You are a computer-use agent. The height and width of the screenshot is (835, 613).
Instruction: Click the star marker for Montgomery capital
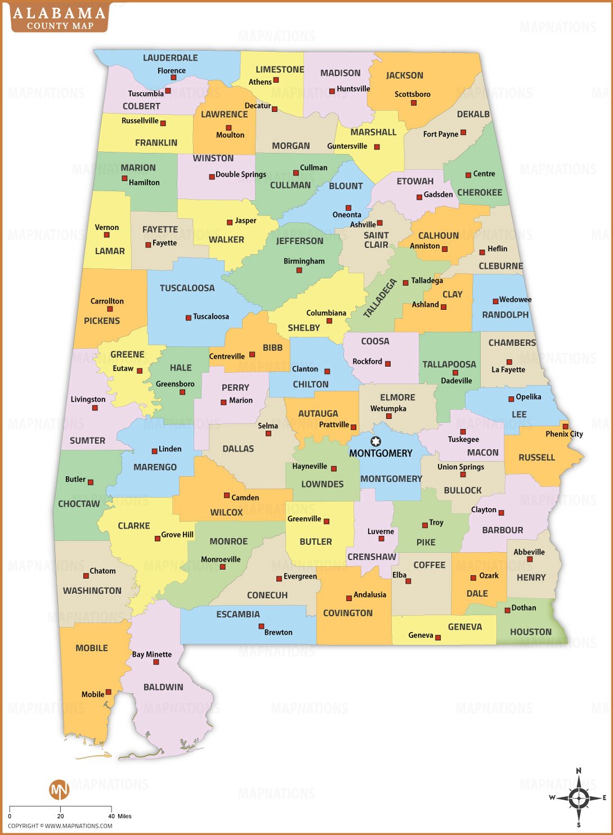pos(376,442)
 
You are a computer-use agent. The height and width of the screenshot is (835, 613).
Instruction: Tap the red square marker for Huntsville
pos(332,91)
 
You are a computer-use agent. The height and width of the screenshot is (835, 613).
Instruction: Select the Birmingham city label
pos(304,261)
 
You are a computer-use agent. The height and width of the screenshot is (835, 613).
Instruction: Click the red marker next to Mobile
pos(109,692)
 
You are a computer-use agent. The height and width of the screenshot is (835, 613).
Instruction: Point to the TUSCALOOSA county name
pos(187,288)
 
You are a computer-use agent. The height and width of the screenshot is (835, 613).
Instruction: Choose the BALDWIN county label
pos(163,687)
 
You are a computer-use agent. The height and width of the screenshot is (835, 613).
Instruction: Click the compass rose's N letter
pos(579,771)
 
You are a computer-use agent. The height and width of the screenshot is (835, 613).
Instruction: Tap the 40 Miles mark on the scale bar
pos(111,816)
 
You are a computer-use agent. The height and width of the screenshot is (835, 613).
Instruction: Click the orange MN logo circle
pos(59,789)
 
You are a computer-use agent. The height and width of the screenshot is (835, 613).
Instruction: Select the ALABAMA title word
pos(59,13)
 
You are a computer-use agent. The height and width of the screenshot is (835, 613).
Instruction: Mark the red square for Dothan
pos(507,610)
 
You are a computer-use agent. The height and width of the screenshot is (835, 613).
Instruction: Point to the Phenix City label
pos(564,434)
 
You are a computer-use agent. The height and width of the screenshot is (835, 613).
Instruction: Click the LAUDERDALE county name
pos(170,58)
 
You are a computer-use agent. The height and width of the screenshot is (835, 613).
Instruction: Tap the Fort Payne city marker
pos(463,133)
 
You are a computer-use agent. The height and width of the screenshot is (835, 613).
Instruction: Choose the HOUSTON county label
pos(531,632)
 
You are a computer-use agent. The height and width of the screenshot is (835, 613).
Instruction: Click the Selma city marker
pos(268,434)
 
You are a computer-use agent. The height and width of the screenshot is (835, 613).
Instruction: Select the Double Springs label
pos(241,174)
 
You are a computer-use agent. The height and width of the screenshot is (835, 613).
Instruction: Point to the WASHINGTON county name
pos(92,590)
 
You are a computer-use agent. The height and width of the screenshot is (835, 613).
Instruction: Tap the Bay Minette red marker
pos(156,662)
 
